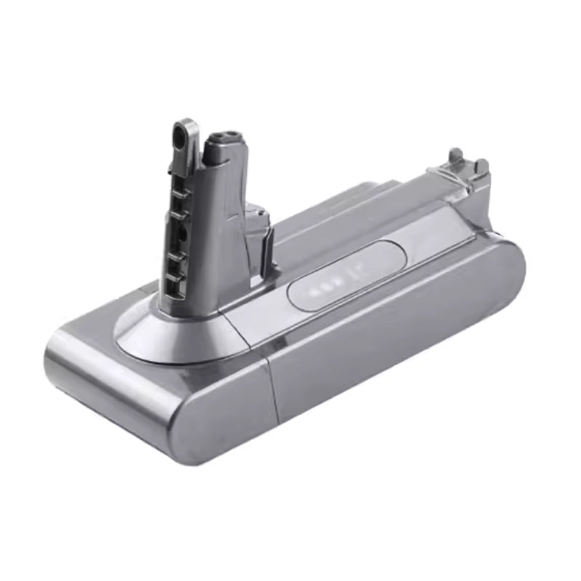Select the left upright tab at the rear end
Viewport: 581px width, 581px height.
coord(455,156)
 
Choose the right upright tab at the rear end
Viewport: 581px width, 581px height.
coord(481,165)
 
